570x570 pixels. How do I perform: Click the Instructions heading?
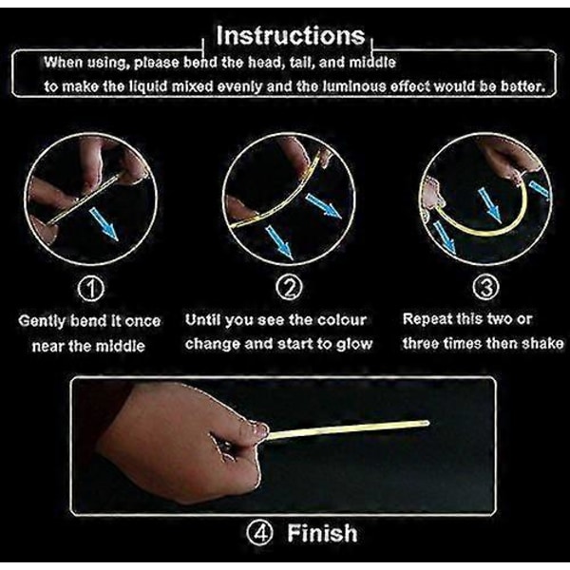(x=291, y=36)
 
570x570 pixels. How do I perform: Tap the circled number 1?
(x=91, y=289)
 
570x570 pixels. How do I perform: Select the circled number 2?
(x=289, y=287)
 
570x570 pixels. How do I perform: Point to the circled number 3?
(x=486, y=287)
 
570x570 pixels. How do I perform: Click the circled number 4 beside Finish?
(x=259, y=533)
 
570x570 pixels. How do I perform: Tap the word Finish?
(x=322, y=533)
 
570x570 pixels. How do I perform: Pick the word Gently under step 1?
(x=43, y=321)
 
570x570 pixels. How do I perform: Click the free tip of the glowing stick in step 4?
(x=427, y=423)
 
